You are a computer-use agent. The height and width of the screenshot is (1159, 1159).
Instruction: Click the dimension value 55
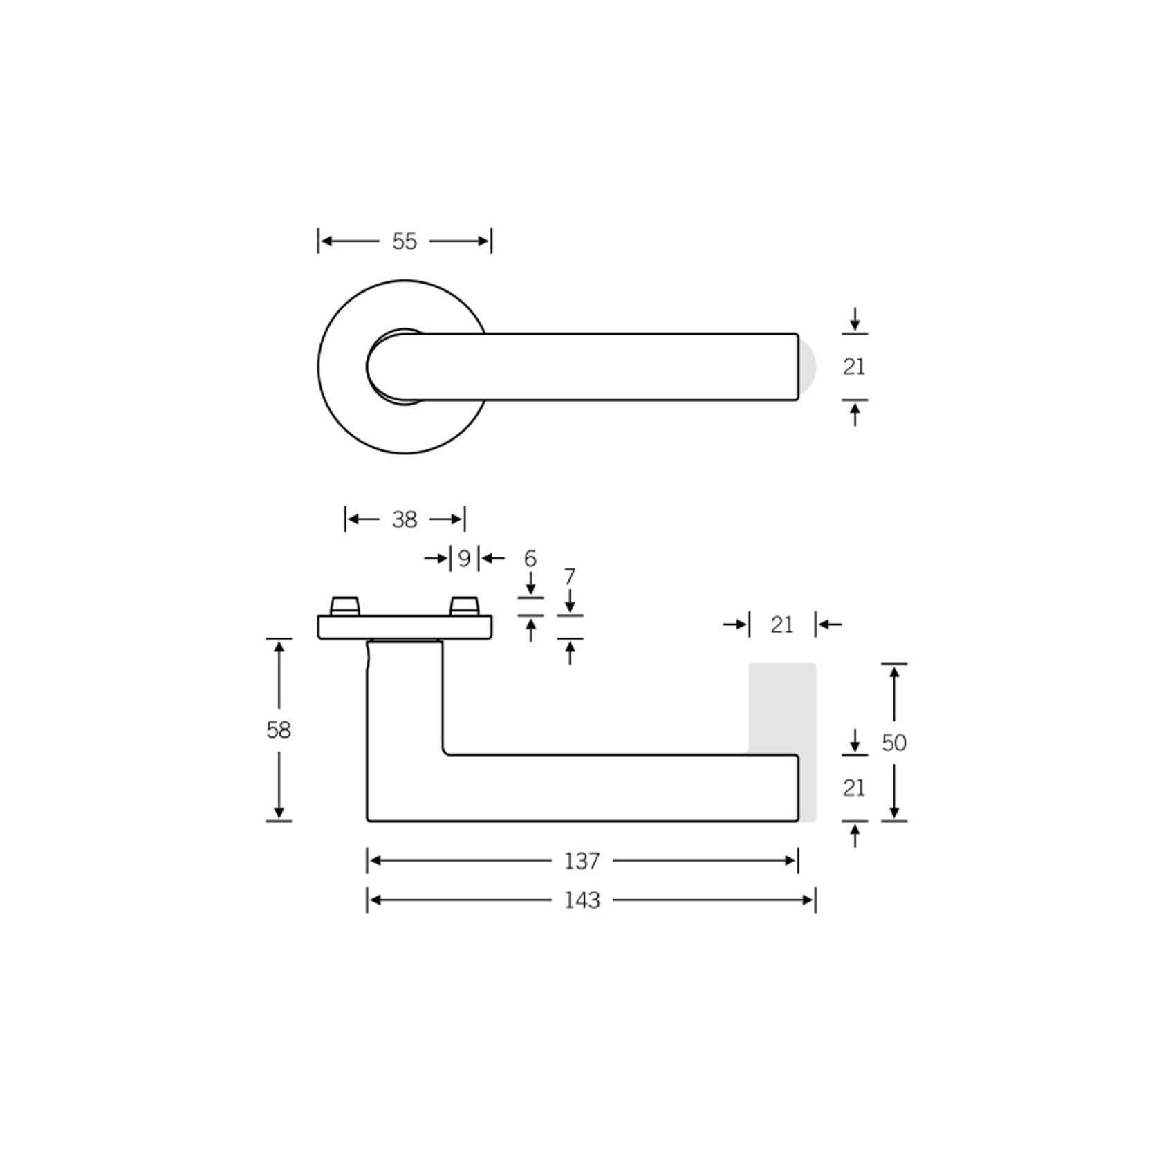[x=405, y=241]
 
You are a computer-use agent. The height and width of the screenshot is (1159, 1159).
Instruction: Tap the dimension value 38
[x=405, y=519]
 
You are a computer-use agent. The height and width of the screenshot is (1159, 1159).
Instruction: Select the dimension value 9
[x=464, y=558]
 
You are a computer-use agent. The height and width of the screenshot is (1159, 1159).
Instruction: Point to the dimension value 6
[x=530, y=558]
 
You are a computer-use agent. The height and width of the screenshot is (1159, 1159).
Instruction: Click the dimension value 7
[x=570, y=577]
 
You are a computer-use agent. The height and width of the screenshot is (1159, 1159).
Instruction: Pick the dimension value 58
[x=279, y=730]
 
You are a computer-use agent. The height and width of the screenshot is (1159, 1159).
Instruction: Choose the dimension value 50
[x=894, y=743]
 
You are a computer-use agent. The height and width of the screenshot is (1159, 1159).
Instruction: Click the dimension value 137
[x=582, y=861]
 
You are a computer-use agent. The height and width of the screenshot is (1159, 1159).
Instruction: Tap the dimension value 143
[x=582, y=900]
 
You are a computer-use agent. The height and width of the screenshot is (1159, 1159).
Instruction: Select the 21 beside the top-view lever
[x=854, y=367]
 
